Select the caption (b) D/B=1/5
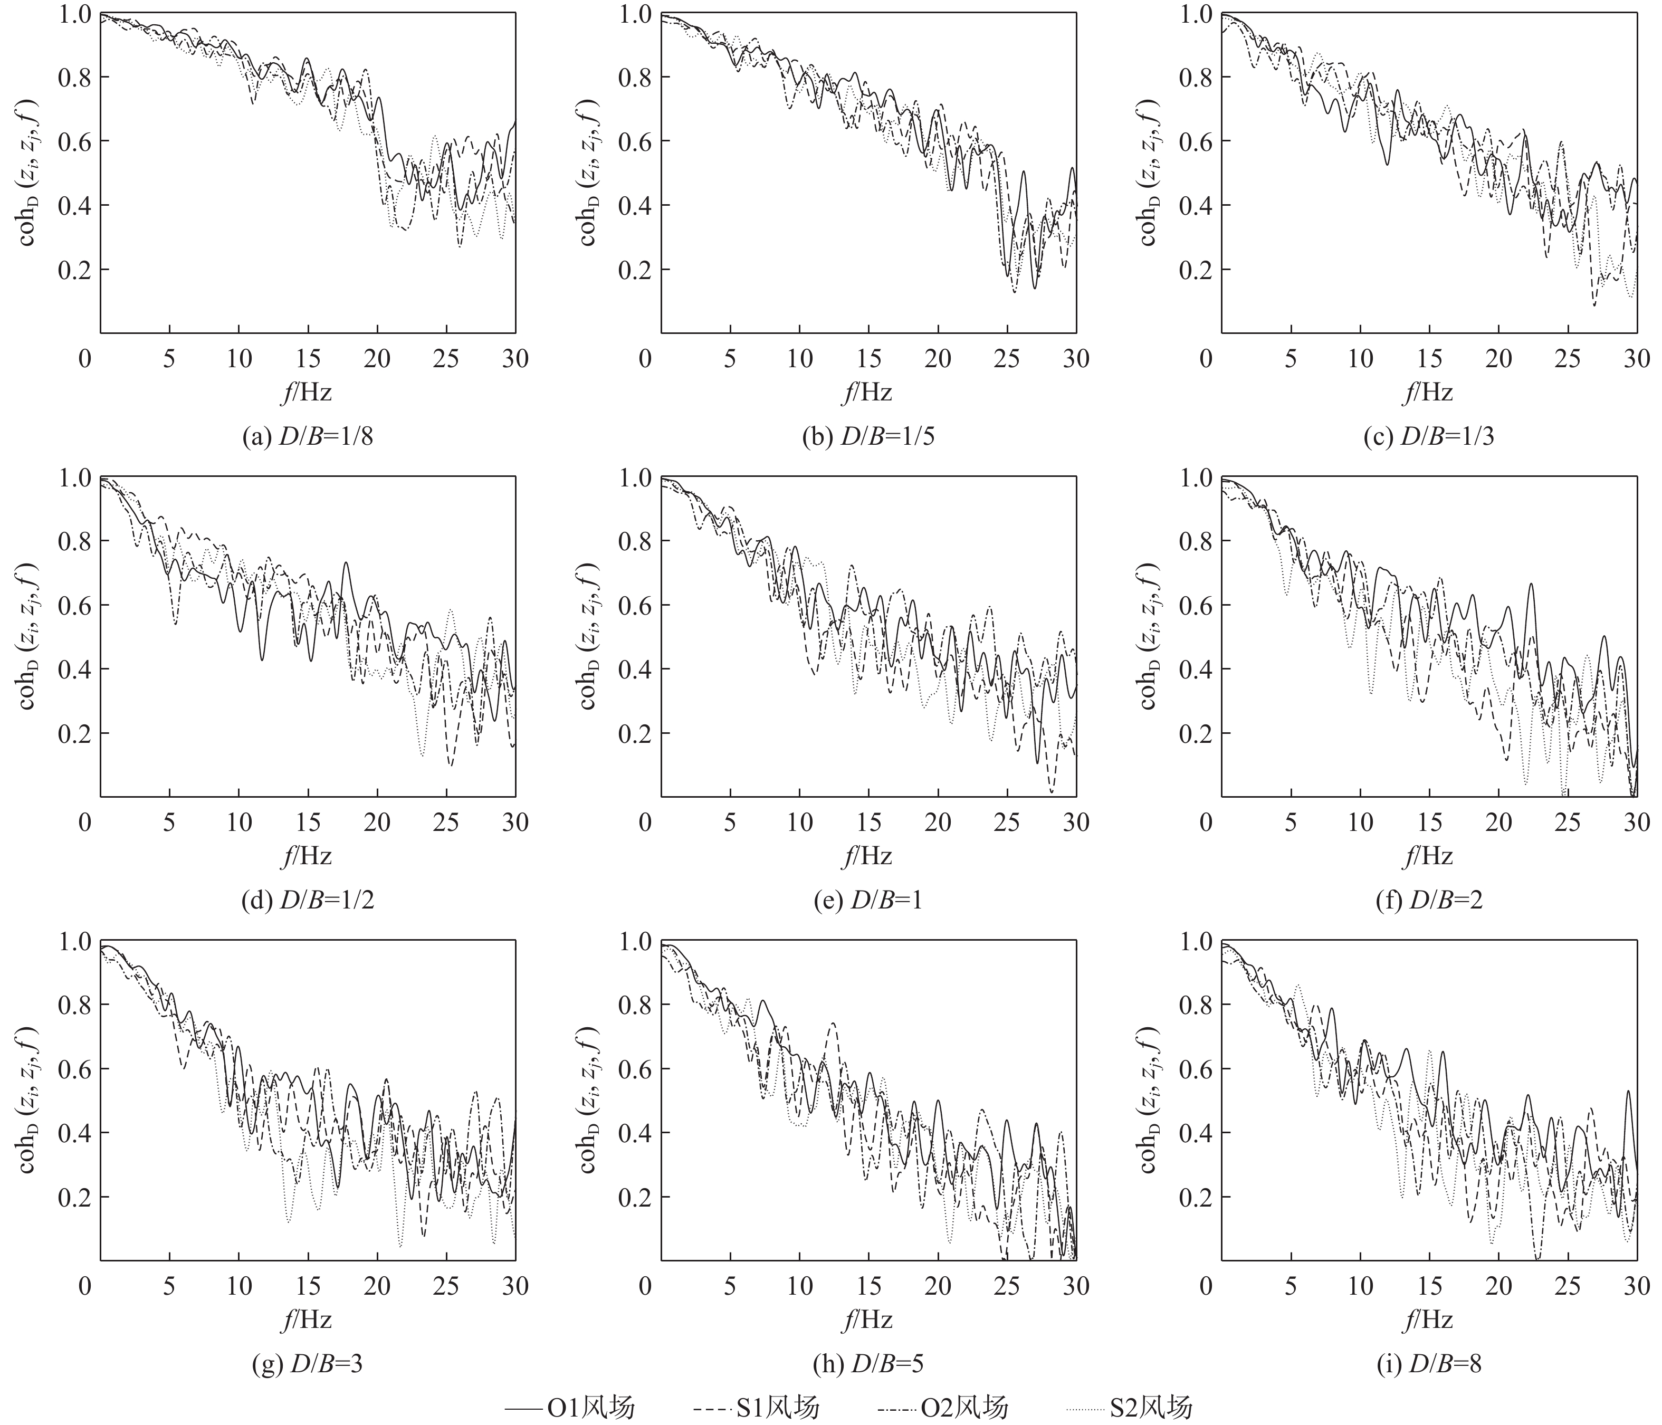point(868,437)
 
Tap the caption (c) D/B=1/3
point(1429,437)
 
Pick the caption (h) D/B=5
point(868,1364)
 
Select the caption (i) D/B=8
point(1429,1364)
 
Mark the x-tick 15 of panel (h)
point(868,1286)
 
